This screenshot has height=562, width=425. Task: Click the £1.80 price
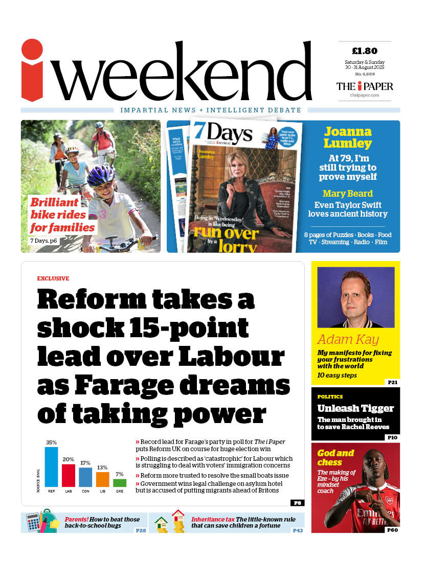click(365, 51)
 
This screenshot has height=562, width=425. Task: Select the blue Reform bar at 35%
click(51, 467)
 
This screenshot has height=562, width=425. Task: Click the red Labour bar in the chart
click(69, 475)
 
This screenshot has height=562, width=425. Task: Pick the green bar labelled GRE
click(119, 482)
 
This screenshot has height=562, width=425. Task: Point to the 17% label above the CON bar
click(85, 463)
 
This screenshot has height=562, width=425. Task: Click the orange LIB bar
click(102, 479)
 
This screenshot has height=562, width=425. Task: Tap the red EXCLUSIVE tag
click(53, 278)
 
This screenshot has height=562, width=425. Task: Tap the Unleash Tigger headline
click(355, 408)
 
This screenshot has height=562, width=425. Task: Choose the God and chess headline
click(335, 457)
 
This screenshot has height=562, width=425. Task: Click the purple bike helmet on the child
click(101, 176)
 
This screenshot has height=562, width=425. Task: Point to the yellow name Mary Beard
click(347, 194)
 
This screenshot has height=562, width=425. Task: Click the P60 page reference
click(393, 530)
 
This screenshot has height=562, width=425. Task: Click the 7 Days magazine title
click(223, 133)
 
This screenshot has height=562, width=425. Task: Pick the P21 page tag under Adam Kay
click(393, 382)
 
